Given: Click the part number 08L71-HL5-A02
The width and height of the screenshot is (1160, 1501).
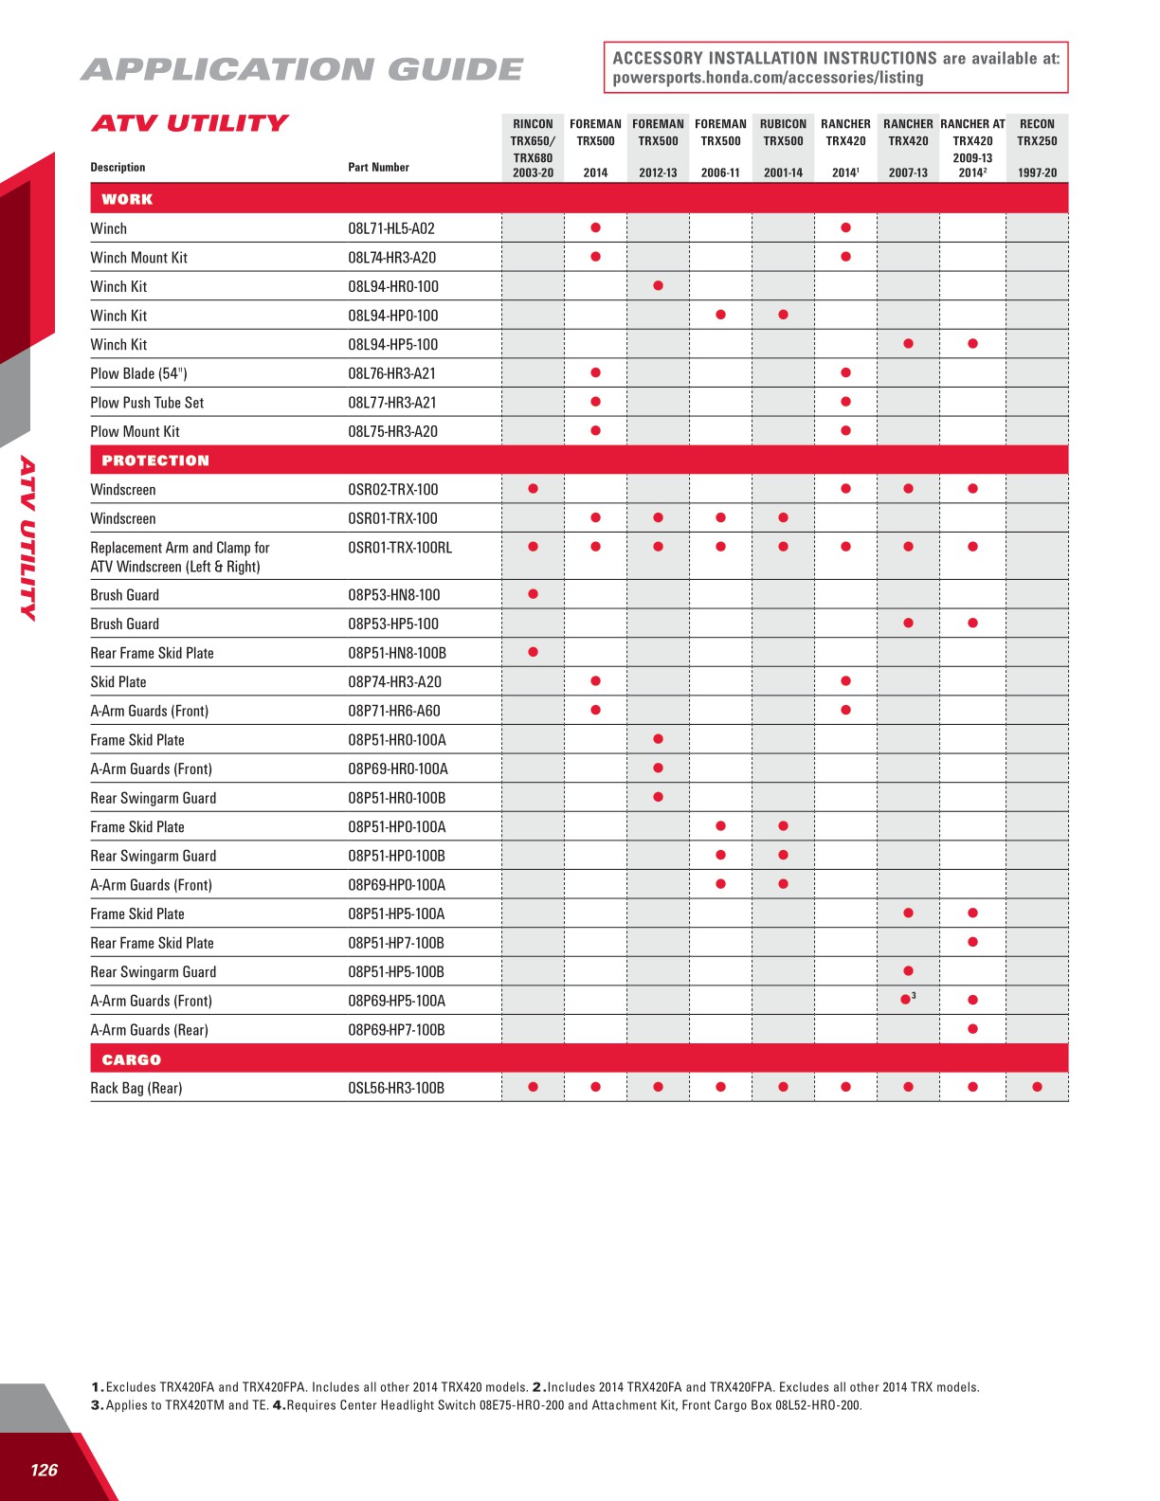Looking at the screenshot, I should pos(391,228).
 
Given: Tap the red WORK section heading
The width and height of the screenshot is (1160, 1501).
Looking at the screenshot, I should pos(127,199).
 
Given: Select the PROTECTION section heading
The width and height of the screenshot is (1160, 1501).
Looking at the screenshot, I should pos(155,461).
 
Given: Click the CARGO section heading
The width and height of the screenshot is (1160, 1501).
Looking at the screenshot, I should pos(132,1059).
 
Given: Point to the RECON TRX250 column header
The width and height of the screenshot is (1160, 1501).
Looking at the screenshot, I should pos(1037,147).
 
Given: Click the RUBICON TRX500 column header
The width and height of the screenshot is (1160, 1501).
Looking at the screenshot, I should pos(783,147).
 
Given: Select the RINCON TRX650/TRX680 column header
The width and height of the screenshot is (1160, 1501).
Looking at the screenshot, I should pos(533,147).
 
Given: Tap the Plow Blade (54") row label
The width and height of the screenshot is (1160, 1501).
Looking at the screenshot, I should pos(138,373).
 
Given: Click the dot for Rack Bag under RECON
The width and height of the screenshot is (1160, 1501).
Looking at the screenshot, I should pos(1037,1087).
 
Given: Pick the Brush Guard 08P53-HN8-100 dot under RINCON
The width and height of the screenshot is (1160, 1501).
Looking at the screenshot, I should pos(533,594).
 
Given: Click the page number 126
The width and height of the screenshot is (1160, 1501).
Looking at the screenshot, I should pos(44,1470).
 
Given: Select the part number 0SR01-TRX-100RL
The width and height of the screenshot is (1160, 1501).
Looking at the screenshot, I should pos(400,548).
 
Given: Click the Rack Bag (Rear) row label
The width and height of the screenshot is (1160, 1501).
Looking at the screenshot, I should pos(136,1088).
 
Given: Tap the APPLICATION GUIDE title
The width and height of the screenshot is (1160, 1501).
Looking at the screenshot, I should pos(301,69).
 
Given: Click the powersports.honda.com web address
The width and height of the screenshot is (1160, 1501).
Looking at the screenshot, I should pos(768,78).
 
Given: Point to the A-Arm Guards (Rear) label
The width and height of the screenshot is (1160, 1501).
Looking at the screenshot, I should pos(149,1030).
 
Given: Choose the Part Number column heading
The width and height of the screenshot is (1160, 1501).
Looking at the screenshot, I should pos(378,167).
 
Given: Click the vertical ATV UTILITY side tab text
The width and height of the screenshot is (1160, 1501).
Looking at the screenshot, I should pos(28,538).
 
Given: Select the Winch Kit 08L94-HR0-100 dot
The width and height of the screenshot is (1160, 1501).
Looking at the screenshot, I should pos(658,285).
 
